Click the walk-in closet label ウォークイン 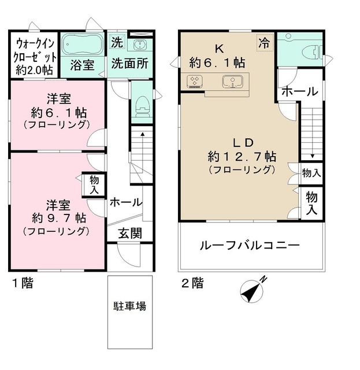(x=34, y=43)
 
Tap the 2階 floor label (x=192, y=283)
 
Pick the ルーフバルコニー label (x=250, y=246)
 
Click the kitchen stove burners (x=194, y=82)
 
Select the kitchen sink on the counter (x=233, y=82)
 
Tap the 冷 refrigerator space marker (x=264, y=42)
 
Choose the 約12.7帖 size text (x=242, y=156)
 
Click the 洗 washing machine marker (x=117, y=42)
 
